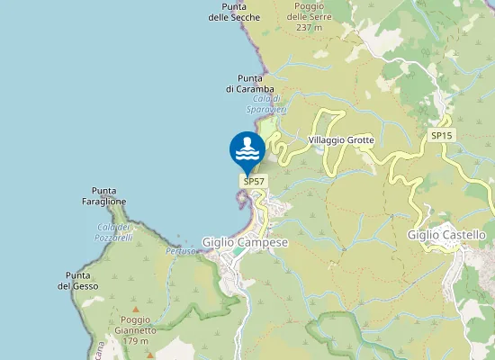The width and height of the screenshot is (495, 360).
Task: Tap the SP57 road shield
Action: click(254, 181)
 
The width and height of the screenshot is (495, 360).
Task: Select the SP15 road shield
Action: click(441, 135)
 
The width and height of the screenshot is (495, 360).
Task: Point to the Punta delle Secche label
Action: click(234, 12)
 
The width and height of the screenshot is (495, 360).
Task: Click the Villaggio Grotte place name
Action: click(340, 140)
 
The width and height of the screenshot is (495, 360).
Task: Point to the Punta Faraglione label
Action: click(109, 196)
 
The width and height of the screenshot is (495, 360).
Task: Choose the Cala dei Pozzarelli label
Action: click(114, 232)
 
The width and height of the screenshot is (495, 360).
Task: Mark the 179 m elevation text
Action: click(135, 341)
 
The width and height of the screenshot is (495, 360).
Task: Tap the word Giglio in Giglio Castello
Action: click(422, 235)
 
